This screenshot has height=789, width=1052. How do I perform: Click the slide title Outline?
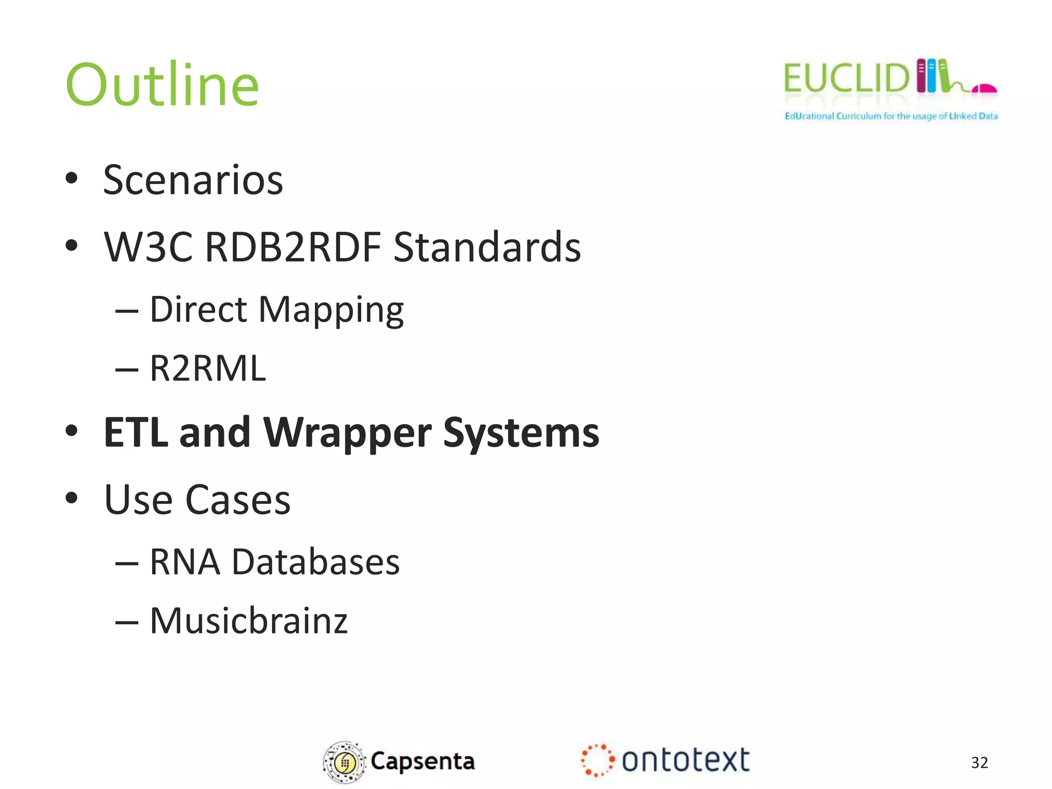[x=162, y=85]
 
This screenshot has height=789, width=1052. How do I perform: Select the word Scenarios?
[x=193, y=180]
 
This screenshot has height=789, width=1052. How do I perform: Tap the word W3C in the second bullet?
[x=148, y=247]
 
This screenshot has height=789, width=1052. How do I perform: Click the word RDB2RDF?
[x=293, y=247]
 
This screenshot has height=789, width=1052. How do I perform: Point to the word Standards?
[x=487, y=247]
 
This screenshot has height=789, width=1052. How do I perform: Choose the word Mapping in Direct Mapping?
[x=331, y=310]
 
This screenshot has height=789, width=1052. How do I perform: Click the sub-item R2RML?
[x=208, y=368]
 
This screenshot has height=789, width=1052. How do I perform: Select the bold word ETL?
[x=136, y=433]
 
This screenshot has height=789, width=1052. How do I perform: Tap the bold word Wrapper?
[x=347, y=433]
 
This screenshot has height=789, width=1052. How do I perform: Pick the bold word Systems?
[x=521, y=433]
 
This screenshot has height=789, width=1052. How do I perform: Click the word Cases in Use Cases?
[x=237, y=500]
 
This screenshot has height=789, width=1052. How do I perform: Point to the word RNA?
[x=185, y=562]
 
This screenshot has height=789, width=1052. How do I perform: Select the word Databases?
[x=315, y=562]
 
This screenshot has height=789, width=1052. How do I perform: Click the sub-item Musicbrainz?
[x=249, y=621]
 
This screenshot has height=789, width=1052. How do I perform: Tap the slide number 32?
[x=979, y=762]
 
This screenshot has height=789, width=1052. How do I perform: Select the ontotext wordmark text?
[x=685, y=760]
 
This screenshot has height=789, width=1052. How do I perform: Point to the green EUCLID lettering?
[x=847, y=78]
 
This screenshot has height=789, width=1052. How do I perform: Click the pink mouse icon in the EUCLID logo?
[x=984, y=88]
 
